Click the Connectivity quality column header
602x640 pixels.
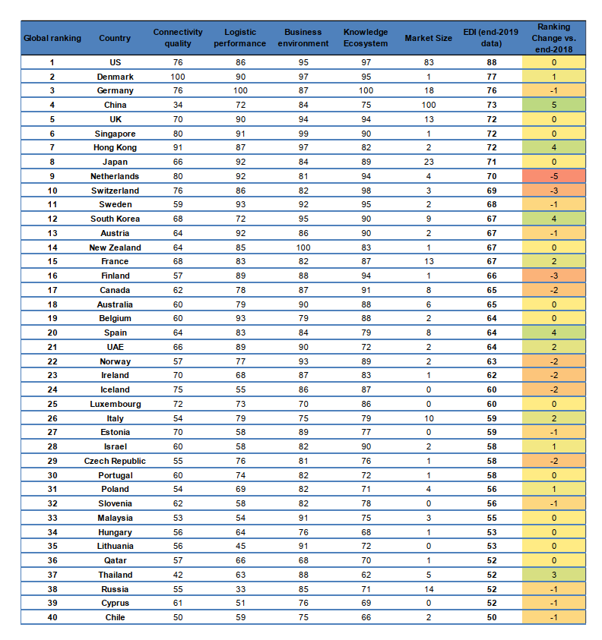coord(178,37)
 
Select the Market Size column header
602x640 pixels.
coord(428,38)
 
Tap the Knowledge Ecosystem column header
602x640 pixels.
coord(366,37)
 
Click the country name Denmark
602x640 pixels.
coord(115,77)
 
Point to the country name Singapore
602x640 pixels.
coord(115,134)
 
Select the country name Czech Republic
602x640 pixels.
coord(115,461)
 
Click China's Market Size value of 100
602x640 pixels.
coord(428,105)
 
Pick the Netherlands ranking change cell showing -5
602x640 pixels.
coord(554,176)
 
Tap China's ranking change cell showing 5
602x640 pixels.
coord(554,105)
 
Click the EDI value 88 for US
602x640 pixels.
coord(492,62)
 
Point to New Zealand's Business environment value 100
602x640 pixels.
coord(303,247)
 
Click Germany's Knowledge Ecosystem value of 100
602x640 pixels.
coord(366,91)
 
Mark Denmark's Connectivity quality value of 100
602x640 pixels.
coord(178,77)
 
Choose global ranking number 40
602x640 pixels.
coord(52,617)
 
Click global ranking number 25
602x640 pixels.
coord(52,404)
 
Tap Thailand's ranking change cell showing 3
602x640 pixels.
coord(554,575)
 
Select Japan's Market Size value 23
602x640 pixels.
coord(428,162)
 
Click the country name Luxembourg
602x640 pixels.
coord(115,404)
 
